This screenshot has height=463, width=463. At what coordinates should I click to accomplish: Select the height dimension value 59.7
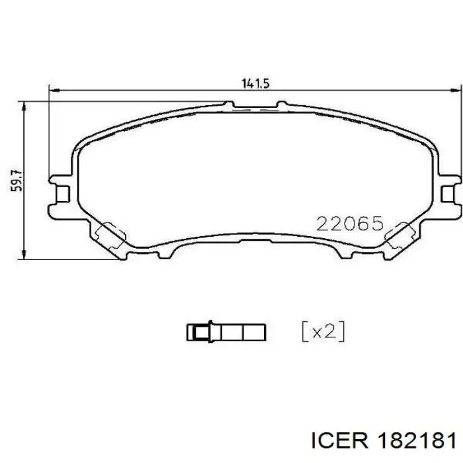(x=18, y=180)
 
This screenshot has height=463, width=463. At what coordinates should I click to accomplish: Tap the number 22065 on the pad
(x=350, y=224)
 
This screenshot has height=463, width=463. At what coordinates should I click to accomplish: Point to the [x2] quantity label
(x=323, y=331)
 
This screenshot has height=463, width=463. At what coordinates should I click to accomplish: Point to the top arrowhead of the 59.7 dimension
(x=25, y=105)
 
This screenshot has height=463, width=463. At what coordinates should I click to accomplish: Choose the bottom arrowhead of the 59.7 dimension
(x=25, y=255)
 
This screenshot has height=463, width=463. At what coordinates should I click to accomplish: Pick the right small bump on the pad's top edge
(x=282, y=104)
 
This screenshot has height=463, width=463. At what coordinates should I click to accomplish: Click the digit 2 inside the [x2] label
(x=329, y=331)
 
